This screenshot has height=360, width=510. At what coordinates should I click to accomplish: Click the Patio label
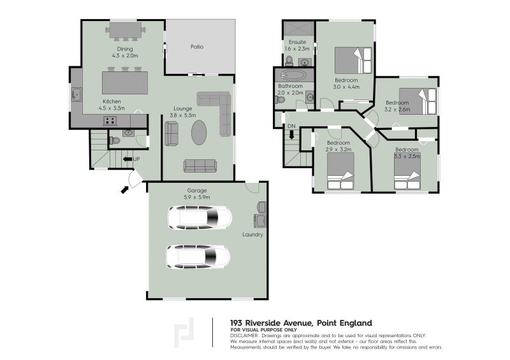197,47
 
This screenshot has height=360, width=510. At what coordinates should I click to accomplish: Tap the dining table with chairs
126,31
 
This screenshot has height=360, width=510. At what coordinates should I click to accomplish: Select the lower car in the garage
198,257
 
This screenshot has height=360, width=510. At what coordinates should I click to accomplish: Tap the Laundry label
252,234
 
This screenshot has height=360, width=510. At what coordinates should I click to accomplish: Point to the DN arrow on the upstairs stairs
291,134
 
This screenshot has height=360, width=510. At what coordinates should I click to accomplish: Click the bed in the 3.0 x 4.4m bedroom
351,62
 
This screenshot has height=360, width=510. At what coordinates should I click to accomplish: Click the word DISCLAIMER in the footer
245,335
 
